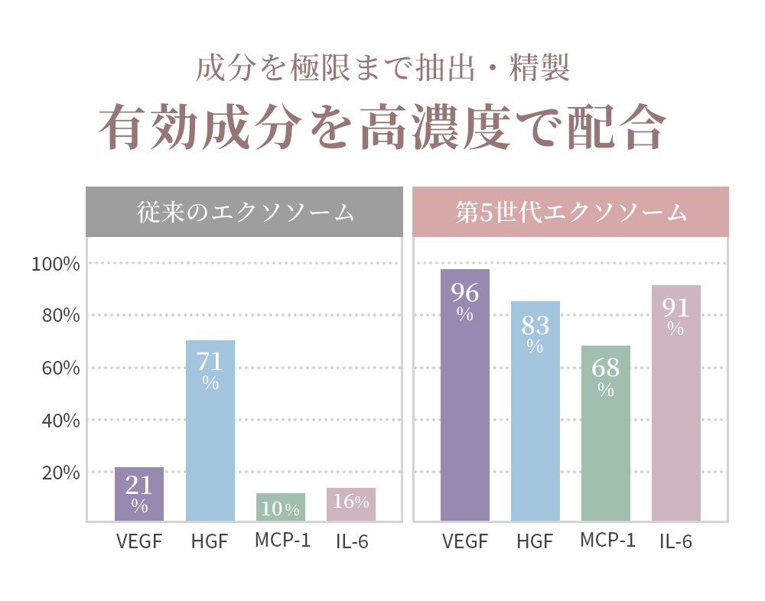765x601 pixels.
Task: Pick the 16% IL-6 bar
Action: (351, 504)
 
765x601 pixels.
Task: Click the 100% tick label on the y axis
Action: (55, 265)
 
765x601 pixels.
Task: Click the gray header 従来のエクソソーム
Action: (245, 212)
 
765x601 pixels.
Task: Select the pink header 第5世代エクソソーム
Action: (571, 212)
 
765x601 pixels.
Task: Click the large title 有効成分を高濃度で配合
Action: (382, 127)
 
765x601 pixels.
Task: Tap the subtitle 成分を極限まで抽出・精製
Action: (382, 69)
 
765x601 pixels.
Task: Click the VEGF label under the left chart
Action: (139, 542)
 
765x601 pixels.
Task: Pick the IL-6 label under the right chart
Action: (676, 542)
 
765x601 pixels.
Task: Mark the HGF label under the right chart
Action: (535, 542)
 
